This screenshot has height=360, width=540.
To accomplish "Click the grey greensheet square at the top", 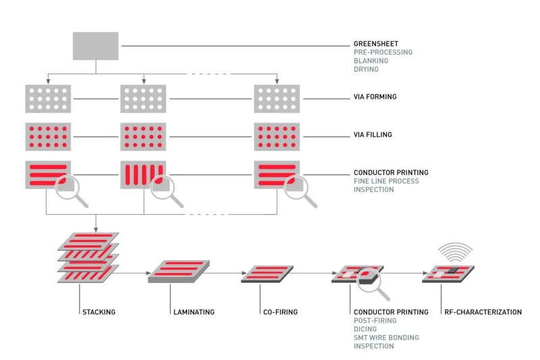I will click(x=96, y=45).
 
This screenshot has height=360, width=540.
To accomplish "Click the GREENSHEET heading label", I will click(x=375, y=43).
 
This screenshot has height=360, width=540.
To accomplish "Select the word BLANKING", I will click(x=370, y=61).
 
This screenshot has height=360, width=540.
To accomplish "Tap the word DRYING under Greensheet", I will click(x=366, y=70).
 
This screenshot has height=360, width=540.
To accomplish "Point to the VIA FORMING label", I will click(x=375, y=97).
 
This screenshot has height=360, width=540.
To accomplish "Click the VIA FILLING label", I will click(x=373, y=135).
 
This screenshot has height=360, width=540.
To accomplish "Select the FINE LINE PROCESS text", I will click(x=386, y=181).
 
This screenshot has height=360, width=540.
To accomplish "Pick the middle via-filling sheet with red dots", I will click(x=143, y=136).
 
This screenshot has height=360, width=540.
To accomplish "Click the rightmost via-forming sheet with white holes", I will click(x=276, y=99).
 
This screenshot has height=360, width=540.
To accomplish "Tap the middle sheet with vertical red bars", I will click(x=140, y=174).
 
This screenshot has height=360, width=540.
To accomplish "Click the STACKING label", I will click(x=98, y=312).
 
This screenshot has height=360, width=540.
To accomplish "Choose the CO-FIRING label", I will click(x=279, y=312).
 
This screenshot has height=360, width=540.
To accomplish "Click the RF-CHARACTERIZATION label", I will click(x=483, y=312).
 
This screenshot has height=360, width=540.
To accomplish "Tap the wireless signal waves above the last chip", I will click(x=453, y=252).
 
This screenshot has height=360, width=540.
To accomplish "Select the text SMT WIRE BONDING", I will click(x=386, y=337).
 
